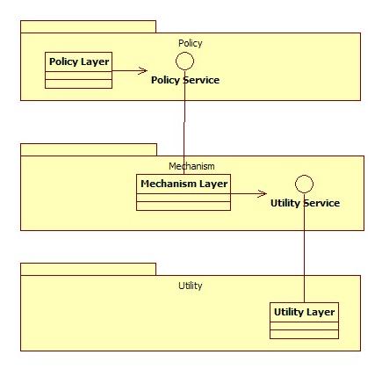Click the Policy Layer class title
click(x=79, y=61)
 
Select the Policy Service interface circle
click(x=184, y=53)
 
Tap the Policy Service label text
click(x=185, y=80)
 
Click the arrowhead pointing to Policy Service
click(x=143, y=70)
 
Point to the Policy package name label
click(x=191, y=43)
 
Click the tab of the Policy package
click(x=88, y=27)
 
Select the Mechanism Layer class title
click(x=184, y=184)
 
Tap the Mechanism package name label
click(x=191, y=166)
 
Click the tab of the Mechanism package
click(x=89, y=149)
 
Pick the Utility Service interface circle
click(x=304, y=176)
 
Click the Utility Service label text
click(x=305, y=203)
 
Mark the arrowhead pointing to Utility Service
click(x=263, y=193)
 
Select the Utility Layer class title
click(x=304, y=312)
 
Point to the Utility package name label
click(x=191, y=286)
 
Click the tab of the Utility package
click(x=88, y=269)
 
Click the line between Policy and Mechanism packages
click(x=184, y=122)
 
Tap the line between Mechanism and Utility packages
click(x=304, y=248)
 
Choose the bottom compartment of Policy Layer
click(x=78, y=83)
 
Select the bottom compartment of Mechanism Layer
click(x=184, y=206)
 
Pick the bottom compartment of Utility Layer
click(x=304, y=334)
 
